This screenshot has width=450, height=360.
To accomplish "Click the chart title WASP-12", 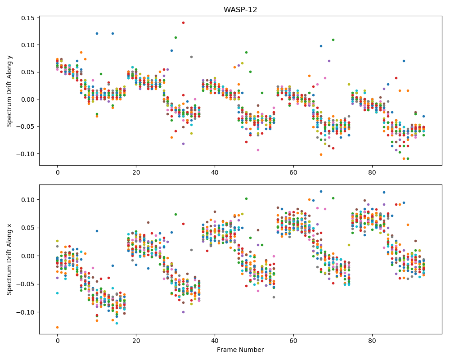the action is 240,9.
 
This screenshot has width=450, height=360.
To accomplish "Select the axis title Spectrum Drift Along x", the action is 9,259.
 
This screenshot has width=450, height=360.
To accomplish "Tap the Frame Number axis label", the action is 240,350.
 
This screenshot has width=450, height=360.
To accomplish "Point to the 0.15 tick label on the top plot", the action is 28,18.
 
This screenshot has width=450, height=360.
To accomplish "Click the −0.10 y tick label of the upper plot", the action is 25,154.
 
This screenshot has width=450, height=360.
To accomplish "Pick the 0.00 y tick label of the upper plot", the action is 28,99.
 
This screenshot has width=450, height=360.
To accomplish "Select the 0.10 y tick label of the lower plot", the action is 28,200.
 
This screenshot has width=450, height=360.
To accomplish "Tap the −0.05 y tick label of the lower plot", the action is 25,284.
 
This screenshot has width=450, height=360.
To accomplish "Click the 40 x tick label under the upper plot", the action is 215,172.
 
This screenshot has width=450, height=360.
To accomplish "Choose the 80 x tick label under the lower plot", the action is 372,341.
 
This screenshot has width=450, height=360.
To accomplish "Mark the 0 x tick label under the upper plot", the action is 58,172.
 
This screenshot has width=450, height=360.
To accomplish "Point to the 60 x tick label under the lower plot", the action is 293,341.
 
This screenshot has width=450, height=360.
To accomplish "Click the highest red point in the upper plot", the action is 184,22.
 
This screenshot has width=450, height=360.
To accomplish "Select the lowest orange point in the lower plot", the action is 58,327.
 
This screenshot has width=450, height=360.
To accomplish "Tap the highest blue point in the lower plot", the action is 321,192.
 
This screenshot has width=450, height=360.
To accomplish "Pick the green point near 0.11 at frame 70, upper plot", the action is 333,40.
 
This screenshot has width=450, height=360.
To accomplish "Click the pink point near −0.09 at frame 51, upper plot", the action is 258,150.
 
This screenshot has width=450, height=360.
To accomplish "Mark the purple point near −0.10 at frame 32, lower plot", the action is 184,312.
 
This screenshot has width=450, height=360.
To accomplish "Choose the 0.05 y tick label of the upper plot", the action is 28,72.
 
